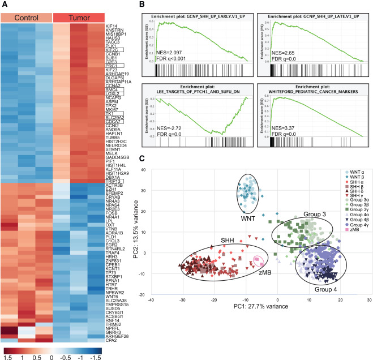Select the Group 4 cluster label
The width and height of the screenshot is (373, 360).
click(x=320, y=289)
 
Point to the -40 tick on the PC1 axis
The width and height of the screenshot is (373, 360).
click(x=152, y=301)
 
